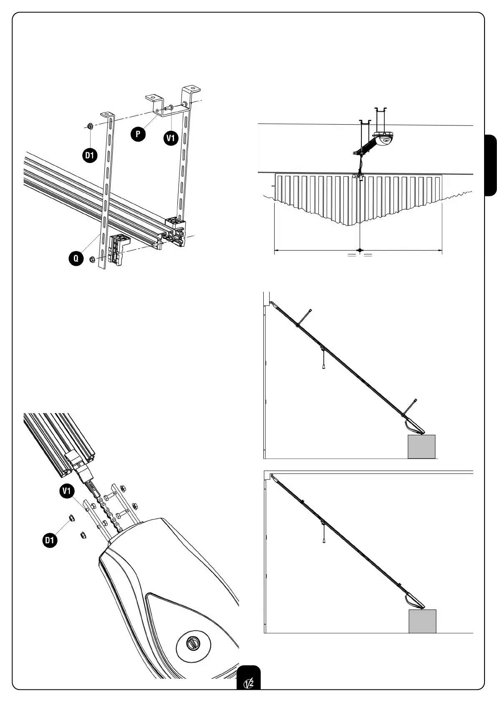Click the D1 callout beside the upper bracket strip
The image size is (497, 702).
tap(89, 155)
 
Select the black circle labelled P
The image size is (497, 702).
tap(138, 134)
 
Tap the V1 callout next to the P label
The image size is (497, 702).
tap(170, 138)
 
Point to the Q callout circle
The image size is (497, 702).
tap(76, 258)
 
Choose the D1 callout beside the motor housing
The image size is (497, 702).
tap(50, 540)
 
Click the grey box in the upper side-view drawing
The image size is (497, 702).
tap(421, 446)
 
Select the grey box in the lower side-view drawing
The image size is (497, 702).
tap(422, 621)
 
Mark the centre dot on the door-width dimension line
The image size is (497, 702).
tap(360, 251)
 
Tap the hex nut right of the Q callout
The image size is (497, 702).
tap(92, 259)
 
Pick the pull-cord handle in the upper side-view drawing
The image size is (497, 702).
tap(324, 367)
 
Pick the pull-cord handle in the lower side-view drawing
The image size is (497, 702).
tap(324, 541)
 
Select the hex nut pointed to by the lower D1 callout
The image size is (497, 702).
tap(71, 518)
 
